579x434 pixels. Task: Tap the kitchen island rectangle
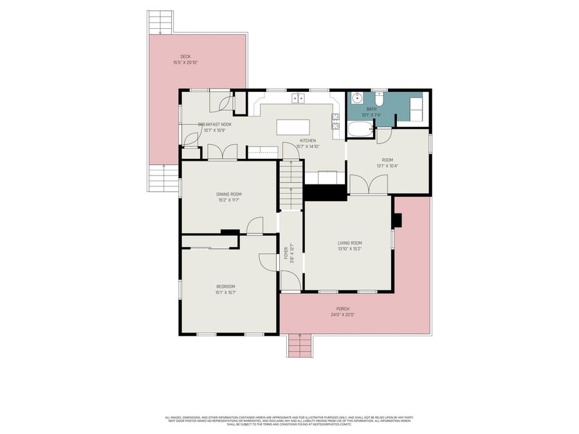point(293,127)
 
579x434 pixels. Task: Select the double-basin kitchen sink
point(299,98)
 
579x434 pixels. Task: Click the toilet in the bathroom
point(380,100)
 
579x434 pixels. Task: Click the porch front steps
point(299,346)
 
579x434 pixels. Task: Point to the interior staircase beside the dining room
point(291,185)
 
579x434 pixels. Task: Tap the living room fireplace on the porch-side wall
point(397,220)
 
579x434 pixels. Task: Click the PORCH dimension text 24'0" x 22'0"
point(343,315)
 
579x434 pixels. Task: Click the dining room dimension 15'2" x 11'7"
point(228,200)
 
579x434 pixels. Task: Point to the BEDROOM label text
point(225,286)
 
